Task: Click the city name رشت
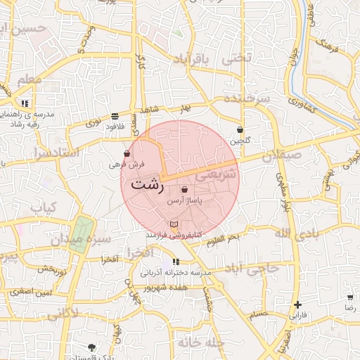point(147,186)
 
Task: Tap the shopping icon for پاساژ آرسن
point(184,189)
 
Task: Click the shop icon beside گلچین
point(240,129)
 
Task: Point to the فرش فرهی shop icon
point(127,153)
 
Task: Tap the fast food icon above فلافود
point(115,116)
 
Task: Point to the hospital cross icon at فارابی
point(298,305)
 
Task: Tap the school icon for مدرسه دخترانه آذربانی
point(175,262)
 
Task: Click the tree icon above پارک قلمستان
point(92,346)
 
